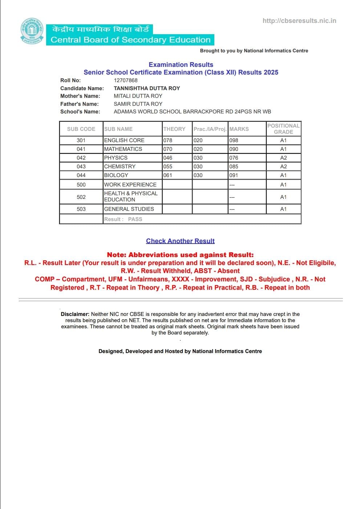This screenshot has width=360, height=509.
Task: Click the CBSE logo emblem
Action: click(32, 32)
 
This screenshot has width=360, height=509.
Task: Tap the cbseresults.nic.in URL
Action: click(299, 21)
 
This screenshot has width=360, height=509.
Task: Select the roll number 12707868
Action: click(126, 80)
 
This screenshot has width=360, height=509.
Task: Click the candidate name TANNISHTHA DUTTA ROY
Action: click(147, 88)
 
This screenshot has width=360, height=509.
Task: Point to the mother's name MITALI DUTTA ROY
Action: click(138, 96)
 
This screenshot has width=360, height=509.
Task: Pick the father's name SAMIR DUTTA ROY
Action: click(138, 104)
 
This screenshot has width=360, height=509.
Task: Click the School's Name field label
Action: click(80, 112)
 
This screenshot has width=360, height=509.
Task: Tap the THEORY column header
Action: click(174, 129)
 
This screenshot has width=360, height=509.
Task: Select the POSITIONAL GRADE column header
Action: click(283, 129)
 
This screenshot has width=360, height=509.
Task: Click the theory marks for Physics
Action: click(168, 158)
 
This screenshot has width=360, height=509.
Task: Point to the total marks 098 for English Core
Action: click(234, 140)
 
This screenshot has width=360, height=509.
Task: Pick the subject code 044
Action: click(81, 175)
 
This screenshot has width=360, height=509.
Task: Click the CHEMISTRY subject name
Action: click(120, 167)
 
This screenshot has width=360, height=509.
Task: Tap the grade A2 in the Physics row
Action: click(283, 158)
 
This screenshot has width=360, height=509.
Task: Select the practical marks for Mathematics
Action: click(198, 149)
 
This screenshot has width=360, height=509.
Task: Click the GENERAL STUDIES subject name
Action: click(129, 209)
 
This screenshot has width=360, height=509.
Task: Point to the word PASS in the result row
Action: click(135, 219)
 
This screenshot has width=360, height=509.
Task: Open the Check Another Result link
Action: click(180, 241)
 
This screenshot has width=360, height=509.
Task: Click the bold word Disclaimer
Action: click(75, 314)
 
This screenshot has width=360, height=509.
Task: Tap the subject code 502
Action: click(81, 197)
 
